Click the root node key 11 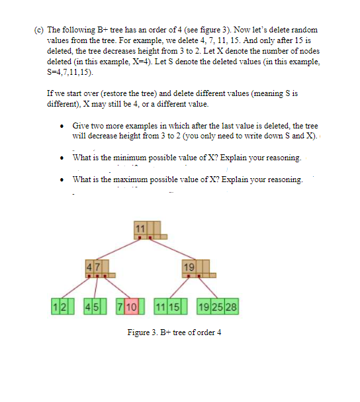[x=139, y=228]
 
